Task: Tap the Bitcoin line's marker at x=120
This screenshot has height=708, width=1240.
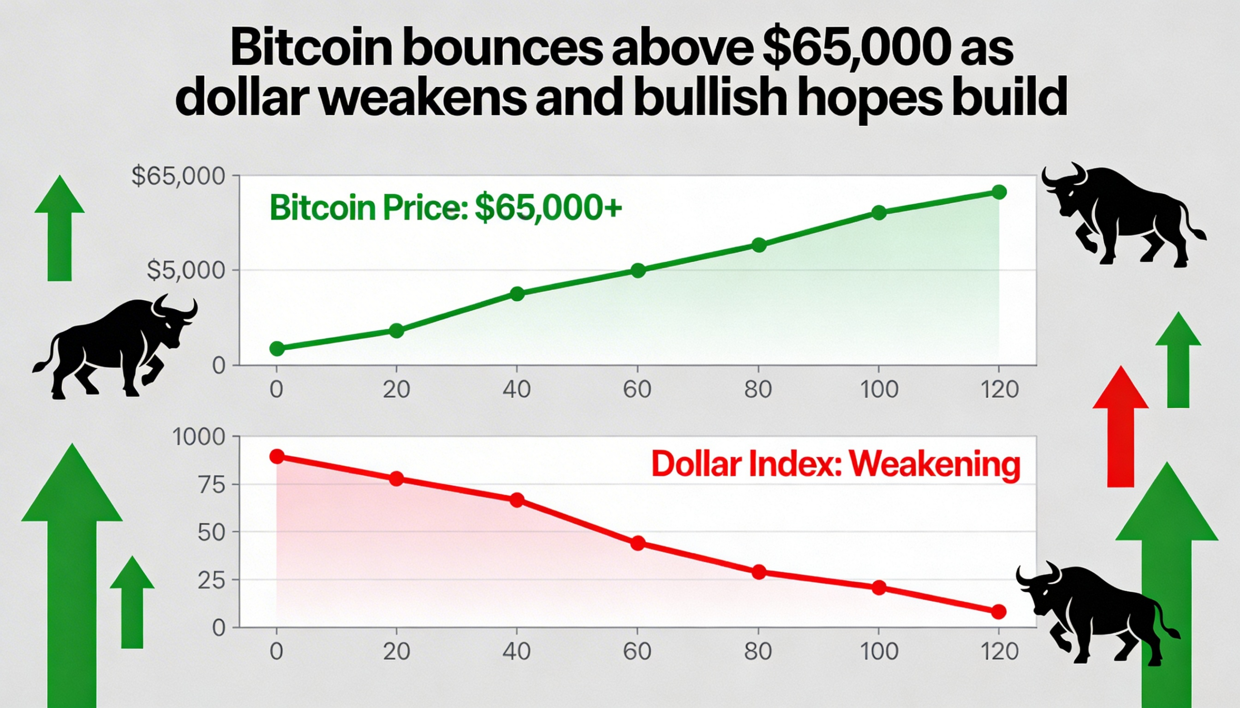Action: (x=999, y=192)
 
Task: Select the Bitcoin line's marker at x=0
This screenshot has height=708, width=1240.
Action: (x=277, y=348)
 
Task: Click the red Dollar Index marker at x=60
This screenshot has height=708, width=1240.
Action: (x=638, y=543)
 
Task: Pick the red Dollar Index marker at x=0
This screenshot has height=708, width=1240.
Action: (x=277, y=456)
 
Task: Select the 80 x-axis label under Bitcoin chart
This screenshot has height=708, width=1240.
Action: (x=758, y=390)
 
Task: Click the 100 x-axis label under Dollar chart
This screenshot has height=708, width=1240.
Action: (x=879, y=651)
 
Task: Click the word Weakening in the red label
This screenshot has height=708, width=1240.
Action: (x=934, y=466)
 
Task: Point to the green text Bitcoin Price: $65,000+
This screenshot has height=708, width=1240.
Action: (x=445, y=208)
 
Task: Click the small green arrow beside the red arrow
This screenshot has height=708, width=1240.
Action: (x=1178, y=360)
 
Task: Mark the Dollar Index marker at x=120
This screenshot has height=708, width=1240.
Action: (x=998, y=612)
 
